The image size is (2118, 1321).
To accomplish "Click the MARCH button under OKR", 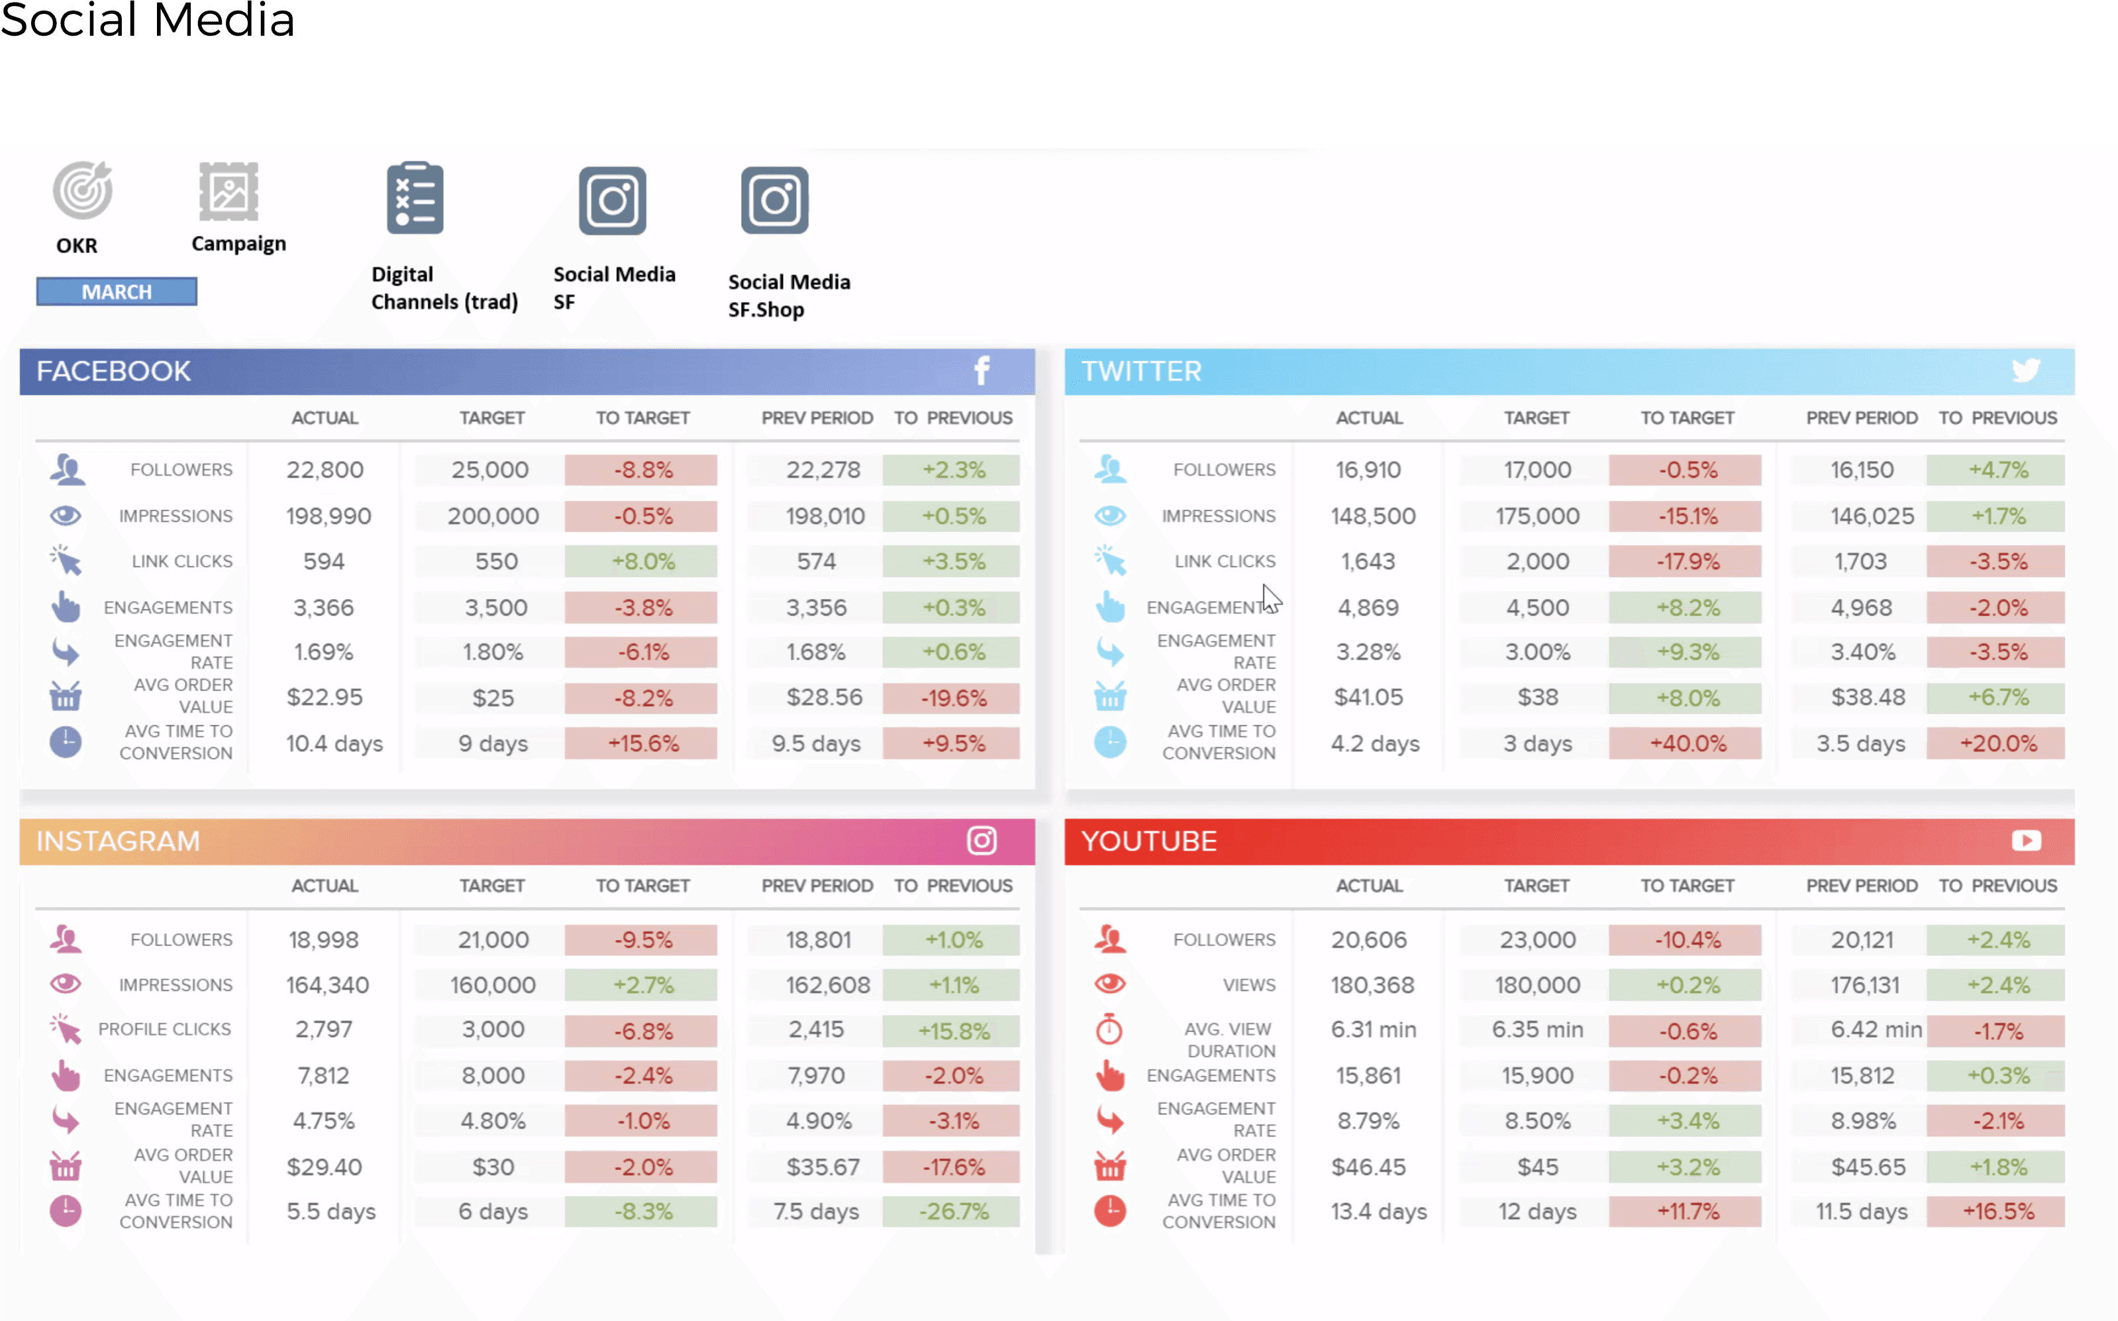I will coord(116,291).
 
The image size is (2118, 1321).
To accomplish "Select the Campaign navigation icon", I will coord(229,191).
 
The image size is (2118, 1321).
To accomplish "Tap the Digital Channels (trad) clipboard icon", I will coord(415,198).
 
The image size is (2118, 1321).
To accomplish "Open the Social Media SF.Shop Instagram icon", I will coord(775,201).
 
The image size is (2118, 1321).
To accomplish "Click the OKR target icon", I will coord(82,190).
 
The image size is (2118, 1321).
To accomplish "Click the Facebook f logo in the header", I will coord(982,371).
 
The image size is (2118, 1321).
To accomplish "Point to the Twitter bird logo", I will coord(2025,371).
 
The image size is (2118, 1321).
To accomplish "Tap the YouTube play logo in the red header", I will coord(2027,841).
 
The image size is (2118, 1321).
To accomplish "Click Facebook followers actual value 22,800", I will coord(325,470).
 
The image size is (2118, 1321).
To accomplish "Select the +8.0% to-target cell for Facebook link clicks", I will coord(642,562).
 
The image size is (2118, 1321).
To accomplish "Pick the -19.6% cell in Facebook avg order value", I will coord(952,698).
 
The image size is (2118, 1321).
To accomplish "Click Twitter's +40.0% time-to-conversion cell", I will coord(1687,743).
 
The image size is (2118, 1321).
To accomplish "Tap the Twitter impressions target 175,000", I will coord(1537,516).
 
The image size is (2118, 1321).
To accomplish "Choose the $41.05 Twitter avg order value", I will coord(1368,697).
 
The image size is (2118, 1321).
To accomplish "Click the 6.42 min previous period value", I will coord(1875,1030).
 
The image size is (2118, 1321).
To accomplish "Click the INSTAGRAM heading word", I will coord(118,841).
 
